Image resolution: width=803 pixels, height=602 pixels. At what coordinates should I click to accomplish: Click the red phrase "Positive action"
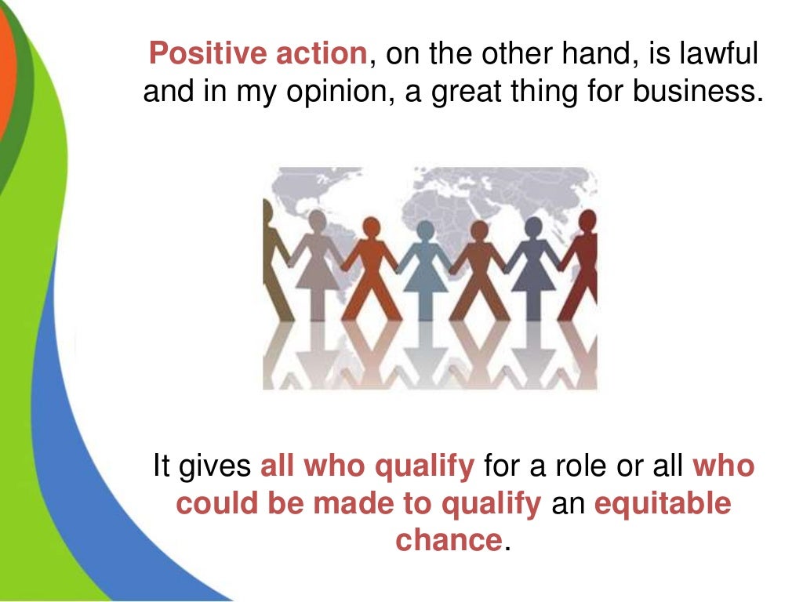(257, 53)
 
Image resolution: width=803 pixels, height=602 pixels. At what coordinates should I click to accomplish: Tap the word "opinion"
(296, 93)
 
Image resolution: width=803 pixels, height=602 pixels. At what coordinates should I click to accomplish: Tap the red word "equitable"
(663, 503)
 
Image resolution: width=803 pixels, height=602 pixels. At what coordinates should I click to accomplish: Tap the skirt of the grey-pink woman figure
(318, 278)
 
